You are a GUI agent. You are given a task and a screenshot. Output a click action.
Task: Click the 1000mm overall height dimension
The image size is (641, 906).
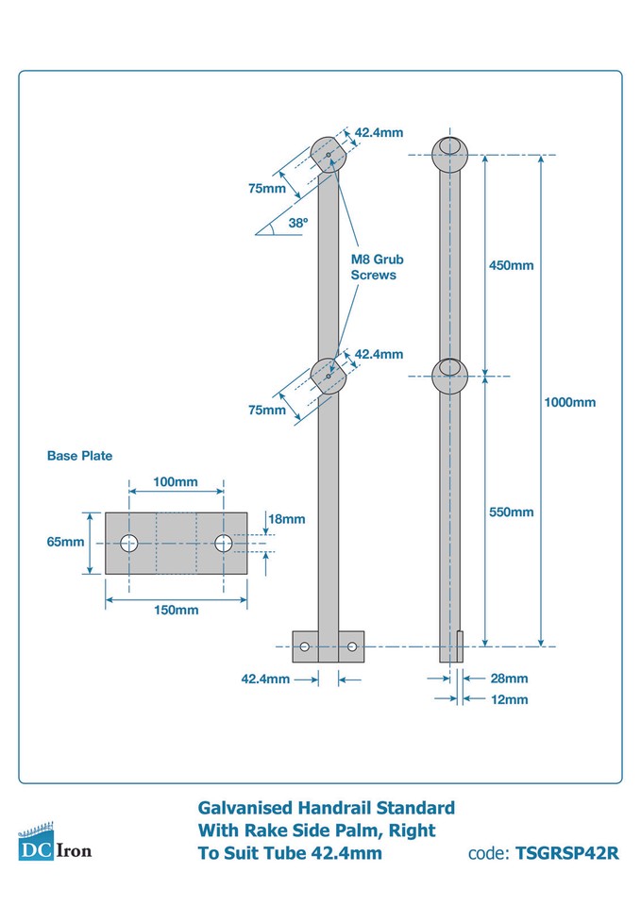(x=570, y=402)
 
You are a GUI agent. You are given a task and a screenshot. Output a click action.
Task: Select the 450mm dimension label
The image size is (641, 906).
(x=511, y=265)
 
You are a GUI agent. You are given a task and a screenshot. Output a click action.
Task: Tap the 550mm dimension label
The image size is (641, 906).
(x=511, y=512)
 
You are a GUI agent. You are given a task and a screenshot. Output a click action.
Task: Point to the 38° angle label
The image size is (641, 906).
(x=298, y=224)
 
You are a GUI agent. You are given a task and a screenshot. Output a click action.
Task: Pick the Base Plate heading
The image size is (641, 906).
(x=79, y=456)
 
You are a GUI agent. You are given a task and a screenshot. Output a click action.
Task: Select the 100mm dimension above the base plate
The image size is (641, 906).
(x=176, y=482)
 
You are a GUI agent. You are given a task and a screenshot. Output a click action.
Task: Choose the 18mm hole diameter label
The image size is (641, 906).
(x=287, y=519)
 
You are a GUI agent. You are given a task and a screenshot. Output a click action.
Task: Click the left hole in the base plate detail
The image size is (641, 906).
(x=128, y=543)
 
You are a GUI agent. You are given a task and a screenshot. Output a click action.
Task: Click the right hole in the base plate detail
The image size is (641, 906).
(x=224, y=543)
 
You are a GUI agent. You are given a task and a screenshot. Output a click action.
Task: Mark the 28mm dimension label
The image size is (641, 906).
(x=509, y=679)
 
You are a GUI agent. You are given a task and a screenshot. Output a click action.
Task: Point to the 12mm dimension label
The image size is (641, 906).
(x=509, y=699)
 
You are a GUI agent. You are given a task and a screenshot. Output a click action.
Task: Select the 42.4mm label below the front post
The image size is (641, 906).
(x=266, y=679)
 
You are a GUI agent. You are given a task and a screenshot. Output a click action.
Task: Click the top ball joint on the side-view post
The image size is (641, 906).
(x=449, y=154)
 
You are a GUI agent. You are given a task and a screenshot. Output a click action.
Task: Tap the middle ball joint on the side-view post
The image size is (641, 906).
(x=449, y=376)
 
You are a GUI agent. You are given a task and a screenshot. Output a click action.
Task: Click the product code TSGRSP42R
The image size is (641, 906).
(x=566, y=854)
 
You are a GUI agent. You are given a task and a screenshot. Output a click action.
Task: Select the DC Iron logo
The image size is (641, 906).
(x=55, y=844)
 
